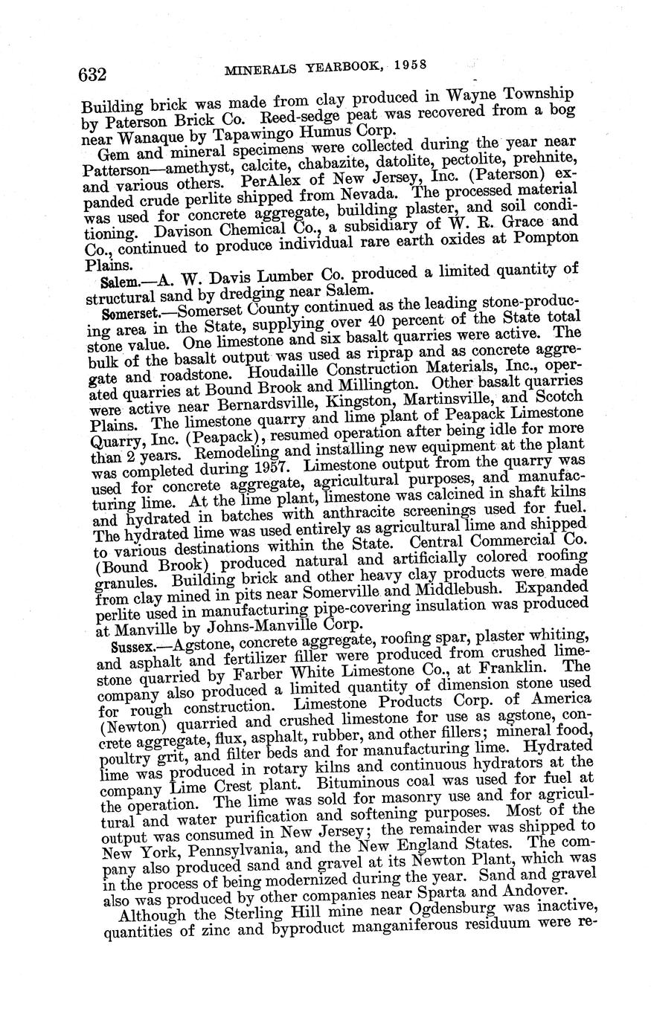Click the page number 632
click(93, 74)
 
